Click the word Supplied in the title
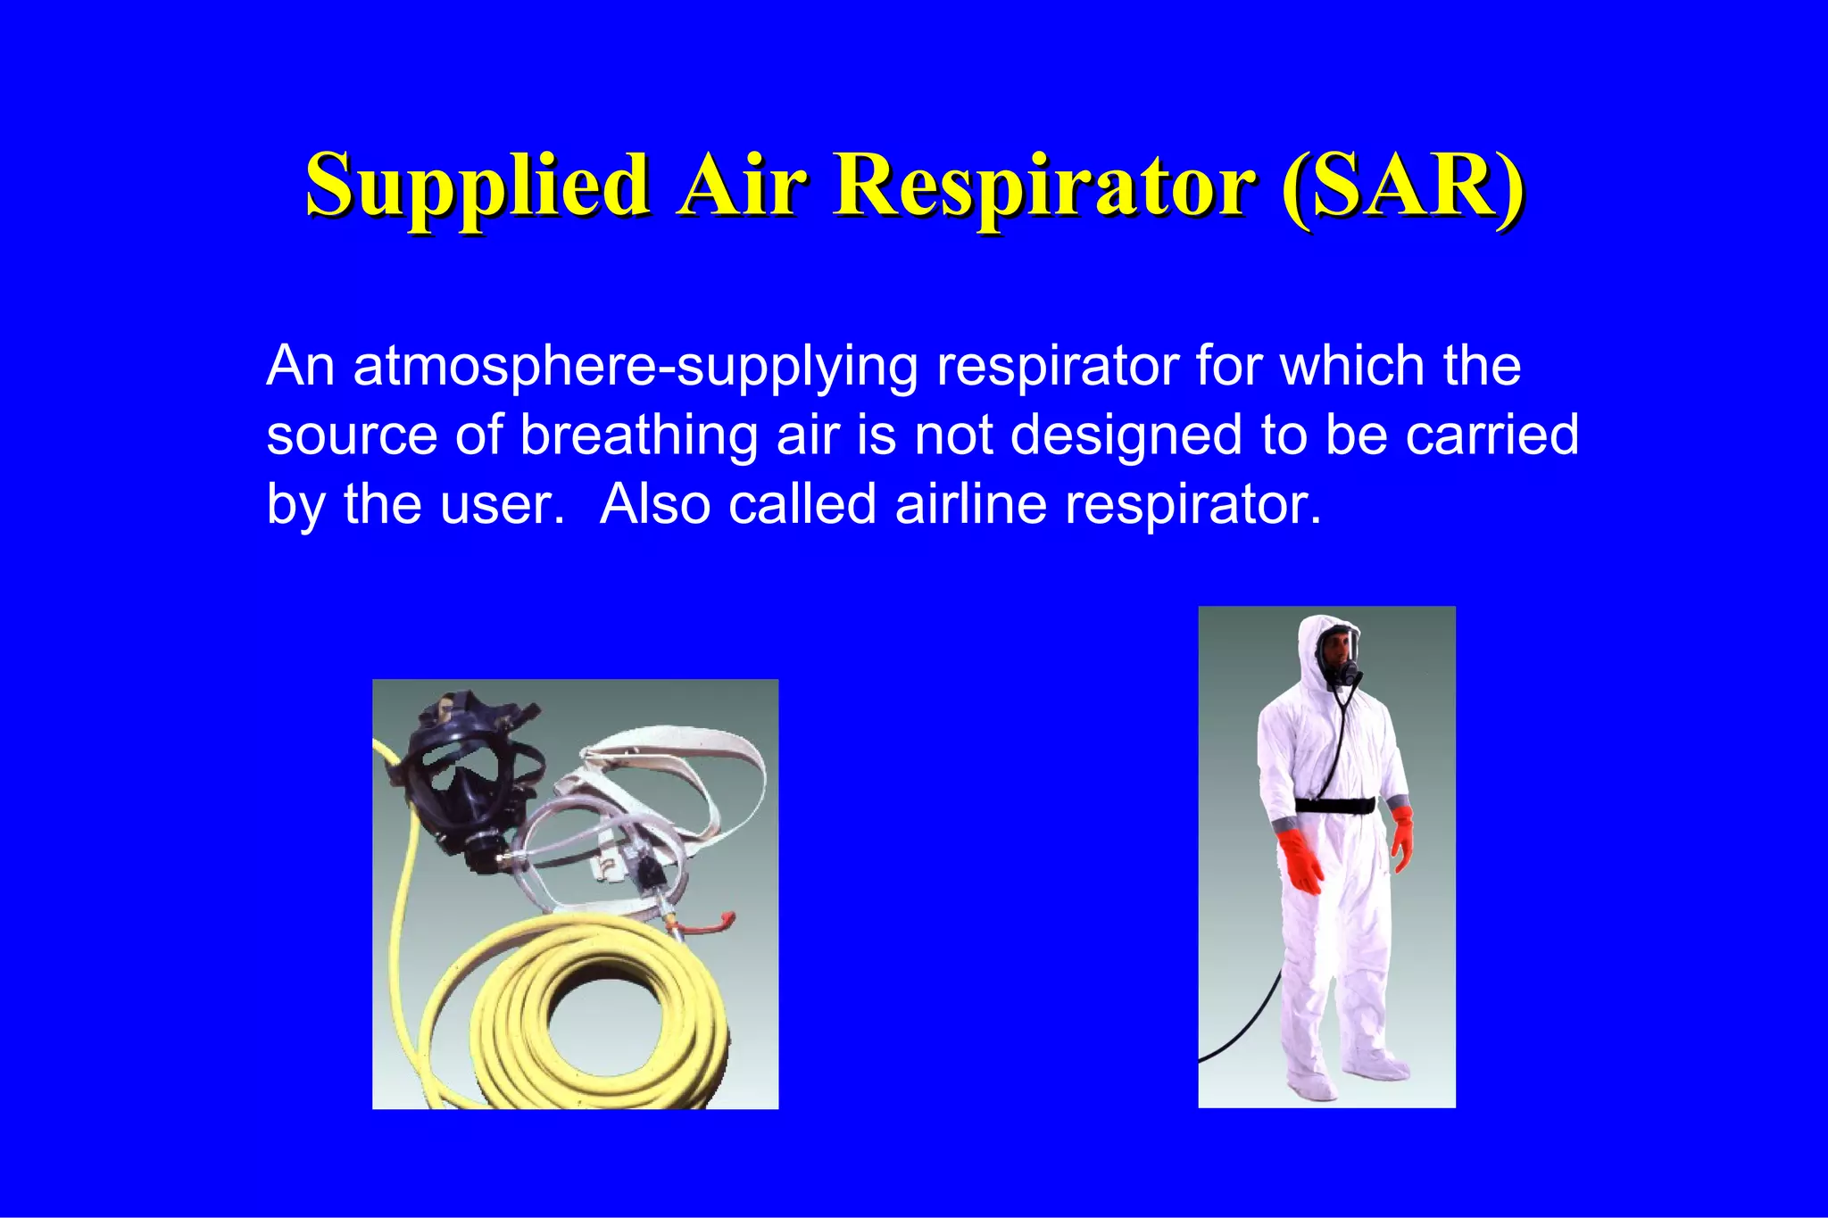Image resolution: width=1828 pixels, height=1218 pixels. click(x=478, y=185)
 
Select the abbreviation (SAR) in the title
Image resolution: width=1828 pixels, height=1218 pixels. click(x=1401, y=185)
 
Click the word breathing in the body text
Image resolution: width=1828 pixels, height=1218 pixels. click(x=638, y=435)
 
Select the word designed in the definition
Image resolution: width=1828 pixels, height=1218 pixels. click(x=1126, y=435)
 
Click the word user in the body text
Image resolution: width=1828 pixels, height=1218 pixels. click(x=514, y=505)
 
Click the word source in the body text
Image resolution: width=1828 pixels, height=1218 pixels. click(x=352, y=435)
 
